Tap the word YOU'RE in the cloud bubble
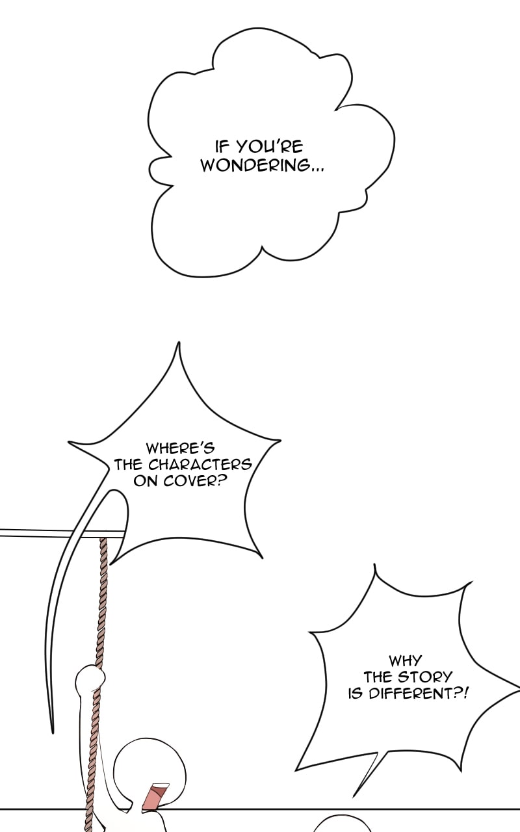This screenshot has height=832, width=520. (x=270, y=147)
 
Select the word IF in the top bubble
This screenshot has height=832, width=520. (x=223, y=147)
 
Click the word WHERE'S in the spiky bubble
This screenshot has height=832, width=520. (x=180, y=448)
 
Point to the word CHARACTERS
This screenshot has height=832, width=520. (x=200, y=465)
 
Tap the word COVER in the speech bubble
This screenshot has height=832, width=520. (x=194, y=481)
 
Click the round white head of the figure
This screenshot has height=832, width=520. (x=149, y=771)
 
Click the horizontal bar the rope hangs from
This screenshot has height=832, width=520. (x=62, y=534)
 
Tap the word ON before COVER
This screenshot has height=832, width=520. (x=147, y=481)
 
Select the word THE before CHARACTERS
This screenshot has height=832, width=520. (x=128, y=465)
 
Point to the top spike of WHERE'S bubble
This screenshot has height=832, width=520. (x=179, y=343)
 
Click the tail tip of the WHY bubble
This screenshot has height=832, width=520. (x=353, y=797)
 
